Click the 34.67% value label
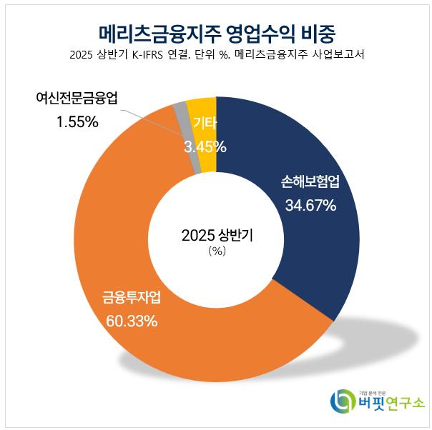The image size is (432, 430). tap(308, 206)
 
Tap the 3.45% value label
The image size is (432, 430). tap(205, 147)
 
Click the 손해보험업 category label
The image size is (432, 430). tap(308, 182)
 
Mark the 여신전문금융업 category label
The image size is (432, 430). tap(77, 98)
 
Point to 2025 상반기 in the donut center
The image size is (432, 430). tap(216, 235)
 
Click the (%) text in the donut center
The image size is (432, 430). tap(216, 251)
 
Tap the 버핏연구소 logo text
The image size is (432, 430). tap(391, 403)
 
